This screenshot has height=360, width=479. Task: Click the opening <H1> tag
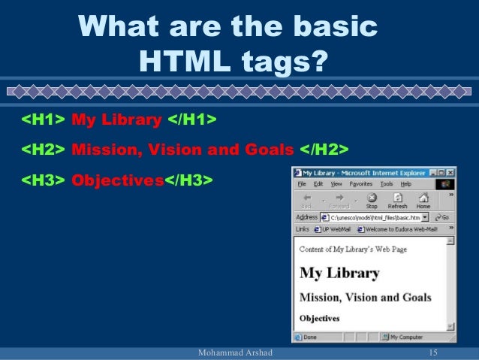coord(42,120)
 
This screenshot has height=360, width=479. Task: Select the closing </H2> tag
coord(324,150)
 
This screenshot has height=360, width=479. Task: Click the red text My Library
coord(116,120)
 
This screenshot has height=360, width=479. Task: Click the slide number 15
coord(432,353)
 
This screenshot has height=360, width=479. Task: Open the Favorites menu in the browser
coord(361,184)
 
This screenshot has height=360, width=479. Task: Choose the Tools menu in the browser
coord(387,184)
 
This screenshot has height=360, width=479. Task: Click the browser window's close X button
coord(450,173)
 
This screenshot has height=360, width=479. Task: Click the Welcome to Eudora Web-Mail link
coord(402,228)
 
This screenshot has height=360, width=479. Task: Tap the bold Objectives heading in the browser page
coord(319,318)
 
